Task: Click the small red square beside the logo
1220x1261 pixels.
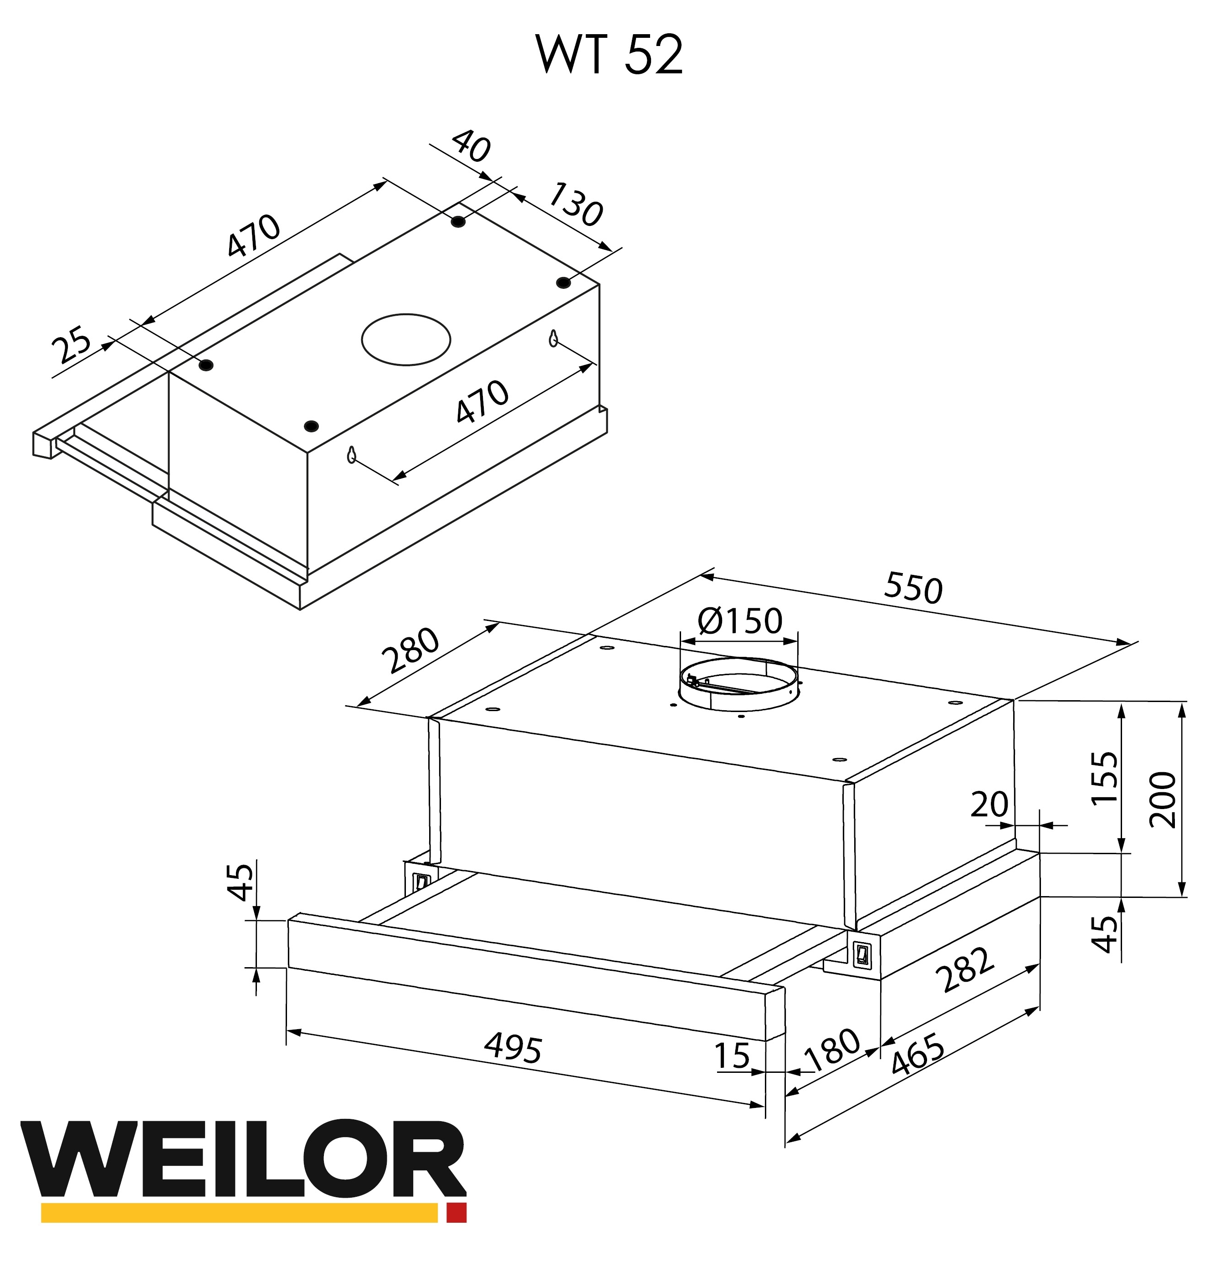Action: point(456,1212)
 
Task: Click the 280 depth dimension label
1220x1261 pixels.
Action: point(410,650)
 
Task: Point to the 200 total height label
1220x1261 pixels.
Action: point(1164,800)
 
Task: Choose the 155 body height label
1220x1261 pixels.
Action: point(1105,777)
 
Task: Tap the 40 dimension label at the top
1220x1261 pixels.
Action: point(471,146)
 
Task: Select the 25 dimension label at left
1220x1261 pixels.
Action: point(72,345)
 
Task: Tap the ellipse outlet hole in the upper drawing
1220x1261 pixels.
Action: point(405,339)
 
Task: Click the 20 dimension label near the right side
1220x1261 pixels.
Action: point(989,805)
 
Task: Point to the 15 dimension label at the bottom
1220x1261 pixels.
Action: point(732,1056)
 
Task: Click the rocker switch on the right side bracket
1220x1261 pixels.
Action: point(861,953)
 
